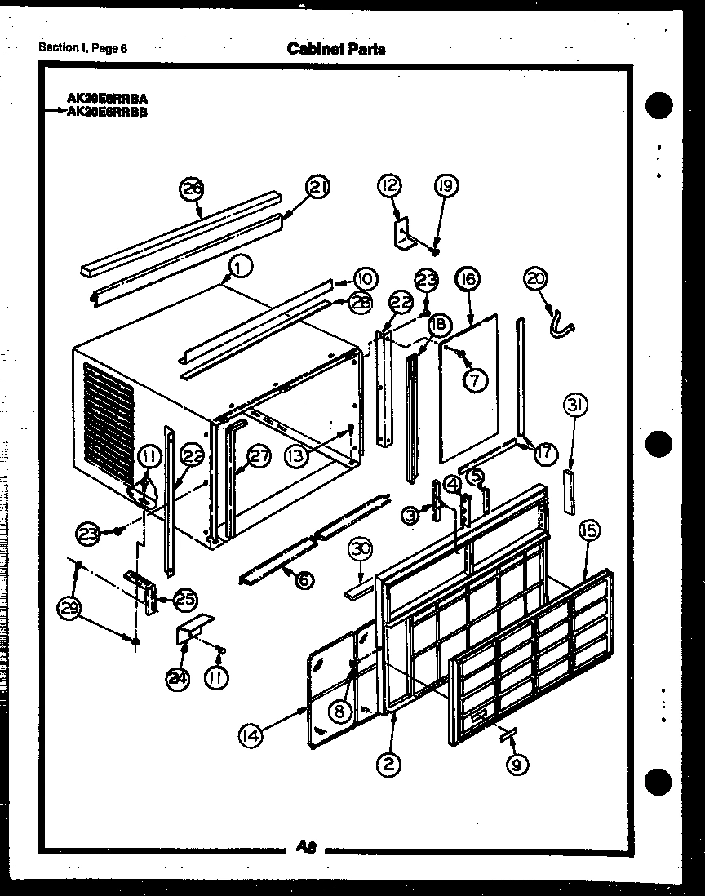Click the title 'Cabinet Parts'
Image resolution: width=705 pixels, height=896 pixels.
[x=336, y=49]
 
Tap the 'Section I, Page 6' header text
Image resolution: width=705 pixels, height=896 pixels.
[x=83, y=47]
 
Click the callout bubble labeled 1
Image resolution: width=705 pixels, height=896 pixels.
[x=238, y=264]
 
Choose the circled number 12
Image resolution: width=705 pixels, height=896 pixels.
[x=389, y=186]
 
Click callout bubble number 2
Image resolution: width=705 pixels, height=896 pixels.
[x=389, y=765]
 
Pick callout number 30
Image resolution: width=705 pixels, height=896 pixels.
[x=359, y=550]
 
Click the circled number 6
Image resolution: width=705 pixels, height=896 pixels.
[x=302, y=580]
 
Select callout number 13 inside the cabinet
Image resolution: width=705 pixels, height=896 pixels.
[x=297, y=458]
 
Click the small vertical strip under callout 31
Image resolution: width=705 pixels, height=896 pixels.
[x=569, y=491]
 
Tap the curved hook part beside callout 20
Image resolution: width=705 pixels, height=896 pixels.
[x=560, y=321]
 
